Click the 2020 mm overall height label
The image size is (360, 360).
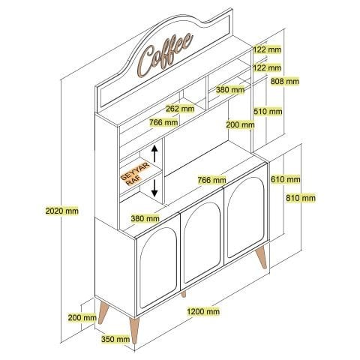click(61, 211)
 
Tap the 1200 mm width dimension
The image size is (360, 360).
click(203, 311)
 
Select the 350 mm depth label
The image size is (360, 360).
click(115, 339)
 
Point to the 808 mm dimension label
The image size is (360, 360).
click(285, 81)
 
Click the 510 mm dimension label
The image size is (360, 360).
click(268, 111)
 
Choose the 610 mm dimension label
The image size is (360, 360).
click(286, 179)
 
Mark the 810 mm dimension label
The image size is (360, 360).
click(301, 198)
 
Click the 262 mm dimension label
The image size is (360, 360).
click(180, 109)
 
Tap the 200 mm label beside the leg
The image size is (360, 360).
click(82, 318)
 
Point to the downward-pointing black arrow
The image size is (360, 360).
click(154, 188)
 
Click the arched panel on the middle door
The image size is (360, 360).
click(202, 241)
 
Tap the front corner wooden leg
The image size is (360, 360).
click(134, 330)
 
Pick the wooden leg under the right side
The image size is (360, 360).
click(262, 257)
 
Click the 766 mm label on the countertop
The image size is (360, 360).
click(211, 180)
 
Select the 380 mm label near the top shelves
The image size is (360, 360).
click(230, 89)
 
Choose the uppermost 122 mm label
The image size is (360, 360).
click(267, 49)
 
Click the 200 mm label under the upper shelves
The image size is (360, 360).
click(240, 124)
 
